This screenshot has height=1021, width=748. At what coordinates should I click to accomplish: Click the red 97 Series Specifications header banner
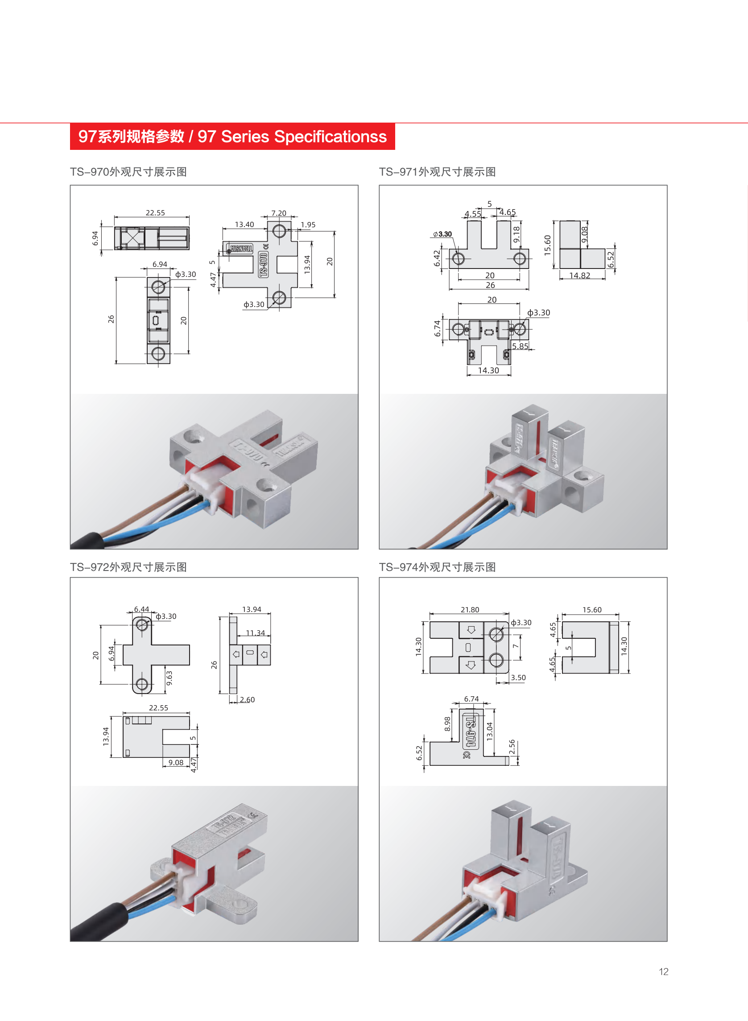(232, 136)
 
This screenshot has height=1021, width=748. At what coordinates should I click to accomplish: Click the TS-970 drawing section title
(128, 172)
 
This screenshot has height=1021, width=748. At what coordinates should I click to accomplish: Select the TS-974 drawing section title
(437, 567)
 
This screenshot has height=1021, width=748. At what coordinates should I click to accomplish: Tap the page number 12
(663, 971)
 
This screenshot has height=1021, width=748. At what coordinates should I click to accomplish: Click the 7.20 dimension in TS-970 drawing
(278, 213)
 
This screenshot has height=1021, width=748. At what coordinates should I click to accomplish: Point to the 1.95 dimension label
(308, 224)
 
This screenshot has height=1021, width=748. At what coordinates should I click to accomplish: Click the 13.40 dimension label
(244, 224)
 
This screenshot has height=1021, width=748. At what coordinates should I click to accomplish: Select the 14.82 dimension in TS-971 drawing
(579, 275)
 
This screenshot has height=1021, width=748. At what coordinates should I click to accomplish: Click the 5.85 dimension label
(520, 346)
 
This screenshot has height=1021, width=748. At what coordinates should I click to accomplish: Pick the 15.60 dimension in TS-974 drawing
(592, 610)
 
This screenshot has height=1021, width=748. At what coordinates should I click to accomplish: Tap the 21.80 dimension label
(470, 610)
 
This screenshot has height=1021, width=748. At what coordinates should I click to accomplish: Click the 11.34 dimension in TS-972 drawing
(256, 633)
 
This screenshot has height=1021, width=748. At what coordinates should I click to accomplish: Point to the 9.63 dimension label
(169, 678)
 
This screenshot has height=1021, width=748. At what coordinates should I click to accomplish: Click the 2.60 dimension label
(247, 699)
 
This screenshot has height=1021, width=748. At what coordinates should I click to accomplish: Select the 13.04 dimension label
(489, 731)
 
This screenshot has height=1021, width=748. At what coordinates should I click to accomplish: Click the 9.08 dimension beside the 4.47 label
(176, 762)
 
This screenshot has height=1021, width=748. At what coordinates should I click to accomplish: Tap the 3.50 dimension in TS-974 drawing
(518, 678)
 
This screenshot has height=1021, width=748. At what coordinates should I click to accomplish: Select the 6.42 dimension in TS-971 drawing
(437, 258)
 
